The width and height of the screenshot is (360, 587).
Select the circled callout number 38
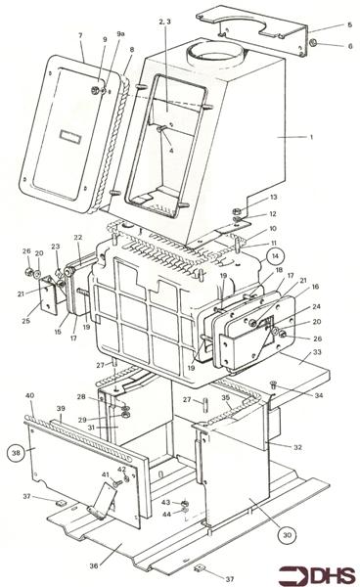(x=15, y=454)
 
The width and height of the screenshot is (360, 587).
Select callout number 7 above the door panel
(x=80, y=36)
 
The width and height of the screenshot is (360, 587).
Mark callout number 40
(x=30, y=395)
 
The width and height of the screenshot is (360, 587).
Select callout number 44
(x=167, y=515)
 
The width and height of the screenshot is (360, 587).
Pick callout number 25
(x=25, y=320)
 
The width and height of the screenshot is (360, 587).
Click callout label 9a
(x=122, y=34)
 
